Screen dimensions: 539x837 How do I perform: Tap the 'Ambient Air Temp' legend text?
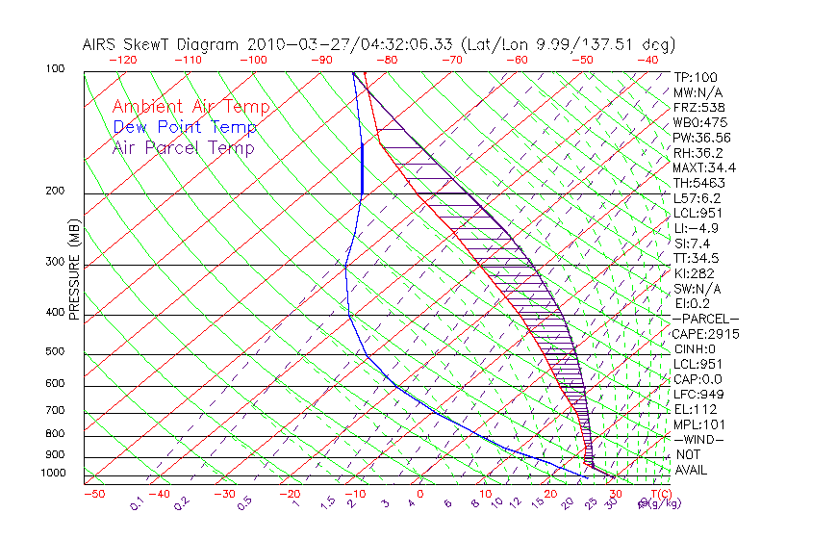pos(190,107)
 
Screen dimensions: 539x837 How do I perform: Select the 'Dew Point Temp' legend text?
pos(185,127)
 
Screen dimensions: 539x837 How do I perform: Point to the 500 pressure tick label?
pos(55,352)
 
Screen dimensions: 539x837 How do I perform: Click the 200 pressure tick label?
pos(55,192)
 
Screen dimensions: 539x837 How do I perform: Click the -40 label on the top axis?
pos(647,59)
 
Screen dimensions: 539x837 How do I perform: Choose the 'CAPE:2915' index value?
pos(700,334)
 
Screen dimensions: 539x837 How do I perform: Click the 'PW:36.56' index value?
pos(698,138)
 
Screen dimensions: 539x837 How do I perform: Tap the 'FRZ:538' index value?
pos(695,108)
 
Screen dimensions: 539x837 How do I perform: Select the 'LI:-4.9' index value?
pos(696,228)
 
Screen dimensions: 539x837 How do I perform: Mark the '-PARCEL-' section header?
pos(705,319)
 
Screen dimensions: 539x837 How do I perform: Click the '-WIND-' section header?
pos(697,439)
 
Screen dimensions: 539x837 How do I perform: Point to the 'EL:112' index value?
pos(693,409)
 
